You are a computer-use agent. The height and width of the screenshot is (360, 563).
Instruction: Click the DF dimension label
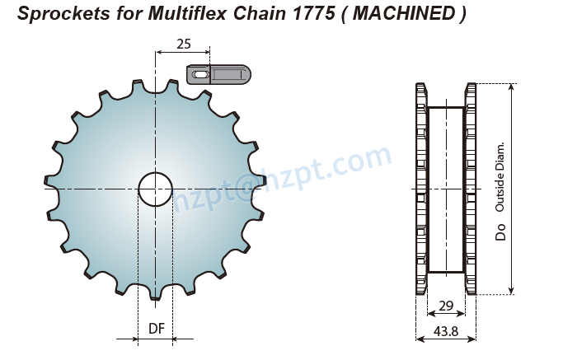pyautogui.click(x=156, y=329)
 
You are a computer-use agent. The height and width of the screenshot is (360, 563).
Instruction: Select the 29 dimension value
pyautogui.click(x=446, y=306)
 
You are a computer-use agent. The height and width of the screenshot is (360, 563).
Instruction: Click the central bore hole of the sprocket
pyautogui.click(x=155, y=189)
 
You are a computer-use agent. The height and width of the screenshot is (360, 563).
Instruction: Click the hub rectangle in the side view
pyautogui.click(x=446, y=189)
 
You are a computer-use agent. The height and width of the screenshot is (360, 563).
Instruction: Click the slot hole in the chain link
pyautogui.click(x=199, y=75)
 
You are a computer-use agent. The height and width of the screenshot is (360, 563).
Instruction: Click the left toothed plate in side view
pyautogui.click(x=421, y=189)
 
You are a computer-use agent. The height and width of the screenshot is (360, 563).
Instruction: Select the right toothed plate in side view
pyautogui.click(x=471, y=189)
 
